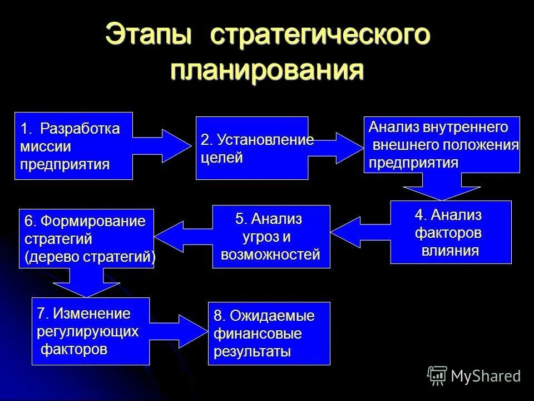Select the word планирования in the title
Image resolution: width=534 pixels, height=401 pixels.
(267, 71)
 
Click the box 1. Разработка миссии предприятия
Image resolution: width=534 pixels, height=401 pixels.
(73, 146)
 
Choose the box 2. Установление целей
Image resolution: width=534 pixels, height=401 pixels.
(251, 148)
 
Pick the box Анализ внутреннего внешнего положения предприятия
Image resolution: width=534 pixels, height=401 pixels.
(442, 145)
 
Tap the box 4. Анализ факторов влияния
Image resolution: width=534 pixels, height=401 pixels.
(451, 232)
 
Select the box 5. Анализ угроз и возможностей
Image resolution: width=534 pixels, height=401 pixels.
(271, 237)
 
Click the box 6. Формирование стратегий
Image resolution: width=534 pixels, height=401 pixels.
(86, 239)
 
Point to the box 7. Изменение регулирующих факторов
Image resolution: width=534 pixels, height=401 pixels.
(90, 331)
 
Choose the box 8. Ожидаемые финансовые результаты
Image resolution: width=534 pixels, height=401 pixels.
(269, 334)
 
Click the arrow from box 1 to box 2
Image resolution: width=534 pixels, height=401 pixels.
(162, 146)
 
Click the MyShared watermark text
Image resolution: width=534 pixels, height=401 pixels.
(485, 376)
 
